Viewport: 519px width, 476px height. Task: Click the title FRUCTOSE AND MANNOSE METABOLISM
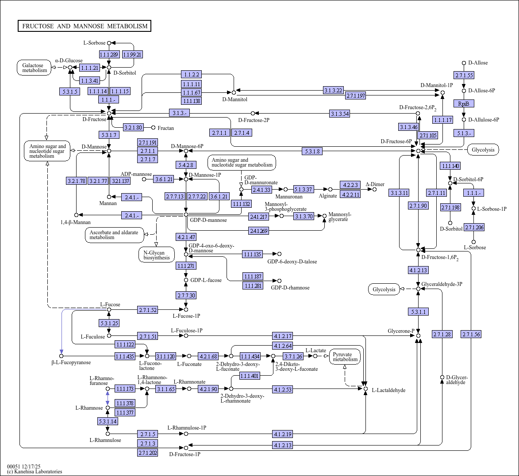85,26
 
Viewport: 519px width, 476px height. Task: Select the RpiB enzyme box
464,103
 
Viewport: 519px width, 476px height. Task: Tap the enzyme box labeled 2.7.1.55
464,75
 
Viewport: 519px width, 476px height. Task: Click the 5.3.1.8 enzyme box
312,151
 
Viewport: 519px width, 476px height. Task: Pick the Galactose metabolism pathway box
35,67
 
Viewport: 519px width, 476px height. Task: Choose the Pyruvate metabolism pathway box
345,357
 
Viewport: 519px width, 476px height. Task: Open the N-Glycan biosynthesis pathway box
157,255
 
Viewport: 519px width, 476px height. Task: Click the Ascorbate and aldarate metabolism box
114,235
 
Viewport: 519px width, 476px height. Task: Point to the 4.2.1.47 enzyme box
186,237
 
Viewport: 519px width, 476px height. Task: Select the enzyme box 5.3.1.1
418,312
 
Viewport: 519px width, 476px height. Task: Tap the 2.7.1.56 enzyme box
471,334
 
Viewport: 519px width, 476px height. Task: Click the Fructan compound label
166,128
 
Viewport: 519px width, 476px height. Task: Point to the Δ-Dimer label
375,184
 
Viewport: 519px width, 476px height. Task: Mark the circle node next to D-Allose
464,63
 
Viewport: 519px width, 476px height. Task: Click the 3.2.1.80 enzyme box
133,128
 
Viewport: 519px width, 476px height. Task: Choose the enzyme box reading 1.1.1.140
450,166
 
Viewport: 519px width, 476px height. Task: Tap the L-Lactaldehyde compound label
388,390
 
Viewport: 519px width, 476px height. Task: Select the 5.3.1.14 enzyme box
108,421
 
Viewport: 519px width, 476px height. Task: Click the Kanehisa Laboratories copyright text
35,472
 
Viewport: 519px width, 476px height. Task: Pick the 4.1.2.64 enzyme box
283,346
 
